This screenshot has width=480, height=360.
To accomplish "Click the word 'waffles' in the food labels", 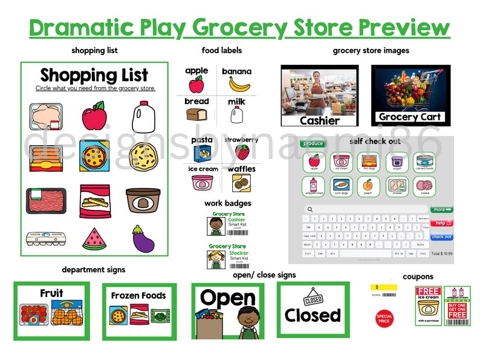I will click(241, 169).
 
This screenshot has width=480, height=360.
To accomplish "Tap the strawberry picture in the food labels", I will click(242, 151).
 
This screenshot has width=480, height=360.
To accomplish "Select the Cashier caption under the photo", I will click(320, 120).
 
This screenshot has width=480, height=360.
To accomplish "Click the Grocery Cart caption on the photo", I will click(410, 117).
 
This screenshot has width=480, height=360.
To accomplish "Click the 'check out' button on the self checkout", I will click(441, 237).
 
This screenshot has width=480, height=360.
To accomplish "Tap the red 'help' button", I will click(441, 223).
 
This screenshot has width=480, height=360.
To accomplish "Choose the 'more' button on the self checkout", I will click(441, 210).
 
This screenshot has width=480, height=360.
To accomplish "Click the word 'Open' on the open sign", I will click(228, 298).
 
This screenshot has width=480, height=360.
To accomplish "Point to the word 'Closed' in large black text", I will click(313, 315).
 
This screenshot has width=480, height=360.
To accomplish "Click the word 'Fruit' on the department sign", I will click(51, 293).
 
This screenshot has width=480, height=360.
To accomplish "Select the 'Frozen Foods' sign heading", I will click(138, 296).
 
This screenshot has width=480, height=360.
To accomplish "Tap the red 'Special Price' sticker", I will click(384, 317).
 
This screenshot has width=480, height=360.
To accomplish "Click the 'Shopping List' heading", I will click(94, 76).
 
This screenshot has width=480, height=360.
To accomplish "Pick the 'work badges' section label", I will click(227, 203).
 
